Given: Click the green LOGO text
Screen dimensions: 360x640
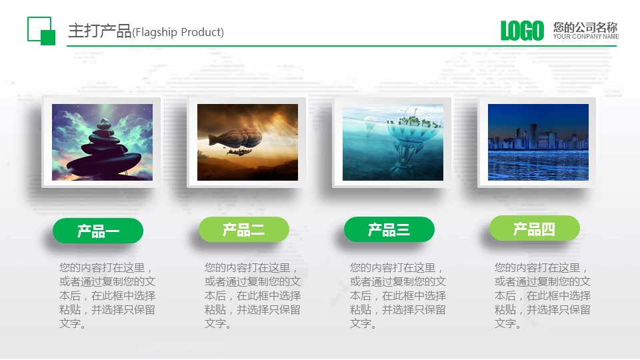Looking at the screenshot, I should pyautogui.click(x=522, y=31).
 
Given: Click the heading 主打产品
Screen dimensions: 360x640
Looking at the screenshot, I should pyautogui.click(x=99, y=31).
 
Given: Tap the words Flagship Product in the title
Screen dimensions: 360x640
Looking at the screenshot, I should pyautogui.click(x=179, y=33).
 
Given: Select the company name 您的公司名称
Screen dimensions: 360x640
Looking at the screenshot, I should pyautogui.click(x=585, y=27).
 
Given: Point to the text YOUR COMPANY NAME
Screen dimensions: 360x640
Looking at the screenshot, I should pyautogui.click(x=585, y=37).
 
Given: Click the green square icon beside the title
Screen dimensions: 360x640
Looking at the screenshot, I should pyautogui.click(x=41, y=31).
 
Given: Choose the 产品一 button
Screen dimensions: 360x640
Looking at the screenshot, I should pyautogui.click(x=98, y=231).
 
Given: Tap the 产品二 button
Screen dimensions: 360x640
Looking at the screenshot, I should pyautogui.click(x=243, y=230).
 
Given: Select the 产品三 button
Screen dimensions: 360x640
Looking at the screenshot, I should pyautogui.click(x=389, y=230).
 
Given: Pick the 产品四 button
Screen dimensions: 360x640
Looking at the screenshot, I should pyautogui.click(x=534, y=229).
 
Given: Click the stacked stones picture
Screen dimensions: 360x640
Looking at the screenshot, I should pyautogui.click(x=102, y=142).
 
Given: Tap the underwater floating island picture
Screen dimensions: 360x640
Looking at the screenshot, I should pyautogui.click(x=393, y=142).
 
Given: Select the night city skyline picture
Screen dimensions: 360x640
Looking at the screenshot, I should pyautogui.click(x=538, y=142).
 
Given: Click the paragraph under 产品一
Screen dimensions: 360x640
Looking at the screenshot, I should pyautogui.click(x=107, y=295).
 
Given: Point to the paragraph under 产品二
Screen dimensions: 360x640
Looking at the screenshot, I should pyautogui.click(x=252, y=295).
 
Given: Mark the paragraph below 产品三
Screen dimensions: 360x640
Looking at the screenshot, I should pyautogui.click(x=397, y=295).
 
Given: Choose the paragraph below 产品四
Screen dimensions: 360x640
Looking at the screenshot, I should pyautogui.click(x=542, y=295).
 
